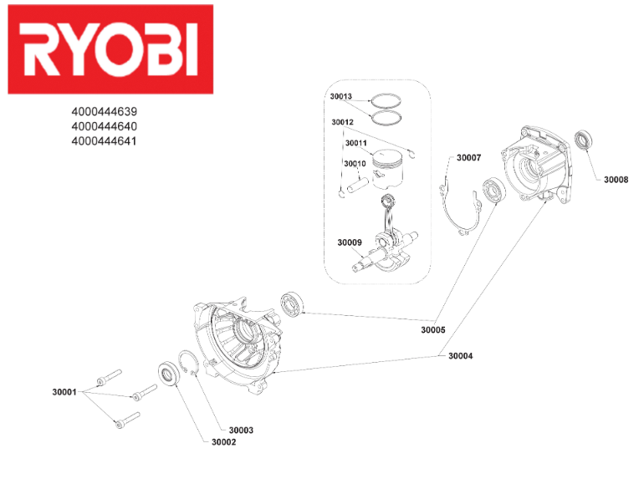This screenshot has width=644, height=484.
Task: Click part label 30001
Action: (x=64, y=391)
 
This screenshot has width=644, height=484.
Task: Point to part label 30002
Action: (x=223, y=442)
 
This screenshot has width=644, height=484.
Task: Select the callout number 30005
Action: (x=433, y=330)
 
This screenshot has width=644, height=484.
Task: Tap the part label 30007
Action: (x=468, y=157)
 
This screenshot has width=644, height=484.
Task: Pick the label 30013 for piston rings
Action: (x=341, y=96)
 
